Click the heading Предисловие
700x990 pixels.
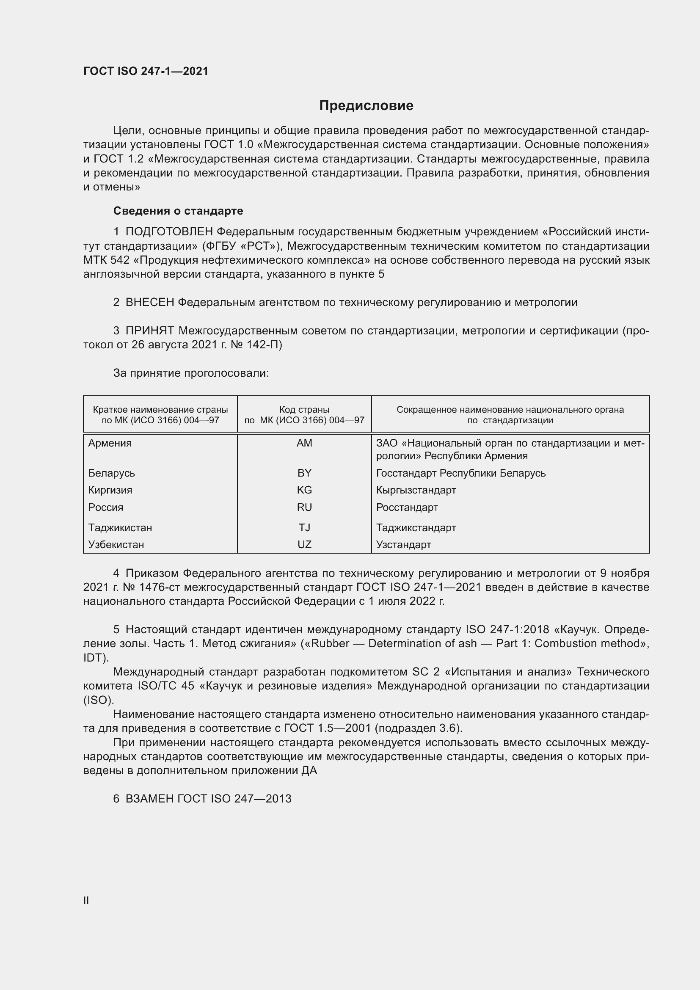(366, 106)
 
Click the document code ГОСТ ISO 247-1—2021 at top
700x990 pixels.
(146, 71)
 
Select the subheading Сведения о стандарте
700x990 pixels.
(178, 211)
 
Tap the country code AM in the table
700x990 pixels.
(304, 443)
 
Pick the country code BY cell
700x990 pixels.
(304, 473)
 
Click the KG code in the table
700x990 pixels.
(304, 490)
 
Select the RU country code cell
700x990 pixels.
(304, 507)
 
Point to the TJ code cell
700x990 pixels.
(304, 527)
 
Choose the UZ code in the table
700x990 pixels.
(304, 544)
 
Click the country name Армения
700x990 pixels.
(110, 443)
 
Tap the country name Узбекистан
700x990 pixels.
(116, 544)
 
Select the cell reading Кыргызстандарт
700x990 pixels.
(416, 490)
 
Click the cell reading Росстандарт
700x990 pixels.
(407, 507)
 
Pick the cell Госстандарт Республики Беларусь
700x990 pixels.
(461, 473)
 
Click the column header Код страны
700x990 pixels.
(304, 410)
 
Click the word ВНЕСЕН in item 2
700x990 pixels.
(150, 302)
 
